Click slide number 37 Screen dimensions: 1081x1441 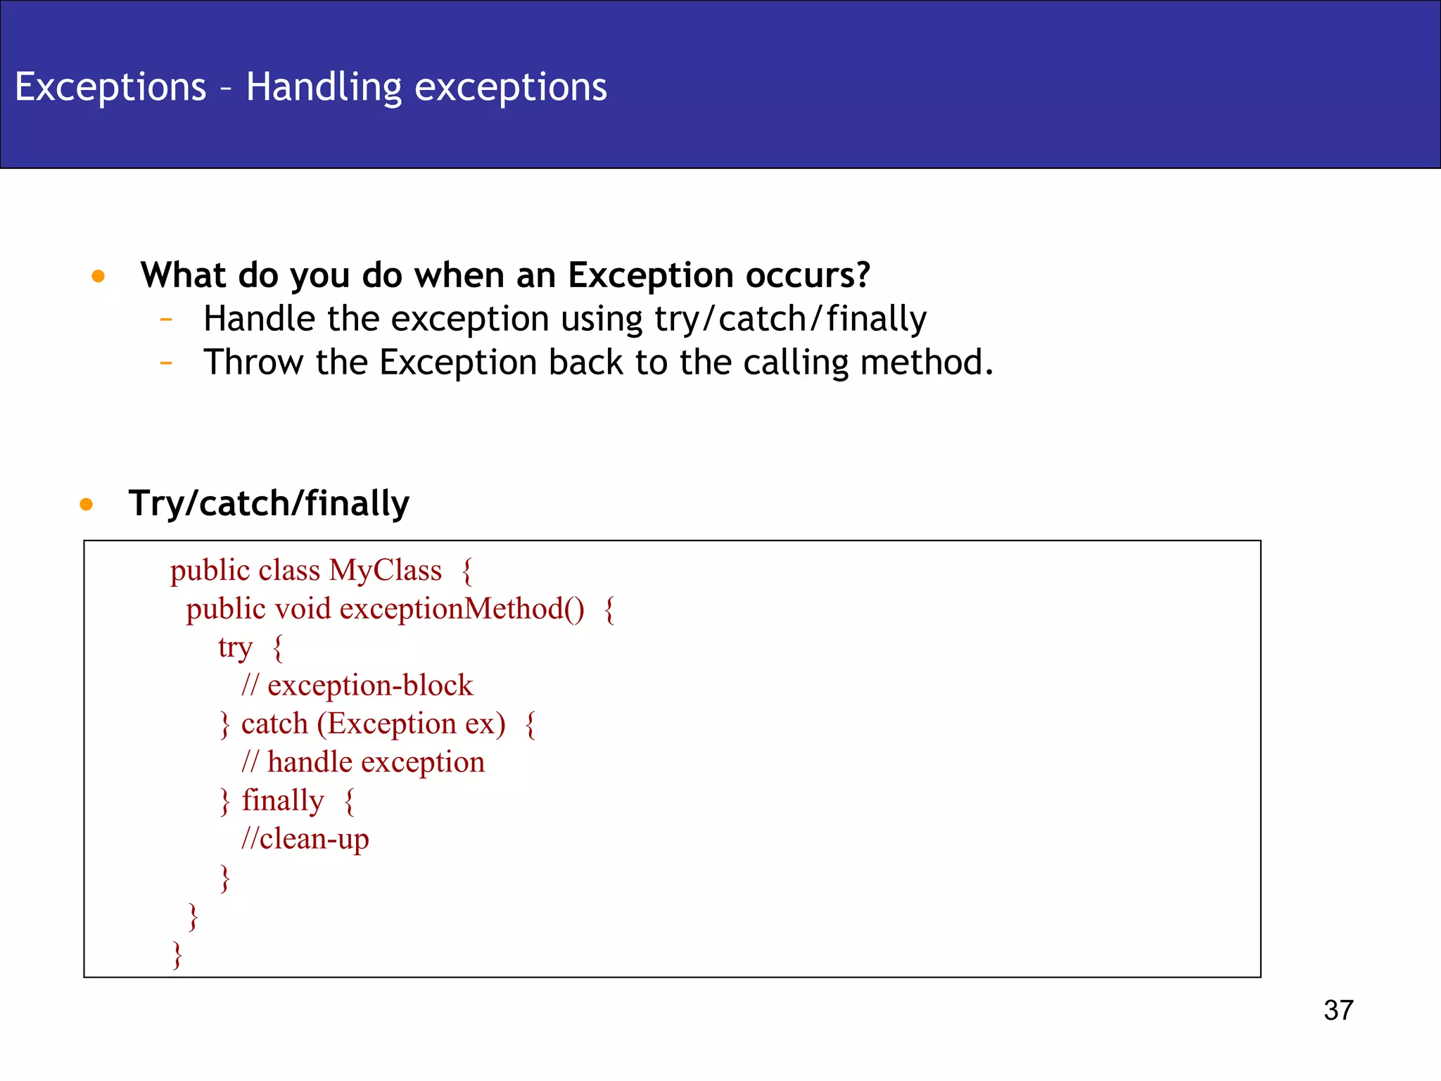point(1338,1010)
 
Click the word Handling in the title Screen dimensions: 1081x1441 point(323,87)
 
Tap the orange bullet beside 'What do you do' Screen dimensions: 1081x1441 point(98,276)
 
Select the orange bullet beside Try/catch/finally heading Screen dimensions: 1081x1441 point(86,504)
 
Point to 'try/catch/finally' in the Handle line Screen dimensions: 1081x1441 point(790,319)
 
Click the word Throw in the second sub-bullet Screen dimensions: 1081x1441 point(254,362)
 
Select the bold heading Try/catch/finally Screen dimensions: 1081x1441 point(268,504)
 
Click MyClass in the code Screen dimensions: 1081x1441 point(385,570)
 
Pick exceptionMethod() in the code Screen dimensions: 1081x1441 point(462,609)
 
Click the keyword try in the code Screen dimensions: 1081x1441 point(234,647)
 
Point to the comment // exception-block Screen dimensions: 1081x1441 point(357,685)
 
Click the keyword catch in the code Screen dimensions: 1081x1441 point(274,723)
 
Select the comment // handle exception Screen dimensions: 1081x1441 point(362,762)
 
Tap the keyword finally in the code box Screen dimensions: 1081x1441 point(283,800)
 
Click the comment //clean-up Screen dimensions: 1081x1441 point(305,839)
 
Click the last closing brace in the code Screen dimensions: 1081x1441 point(177,955)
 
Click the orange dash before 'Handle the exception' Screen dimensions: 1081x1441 point(166,320)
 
